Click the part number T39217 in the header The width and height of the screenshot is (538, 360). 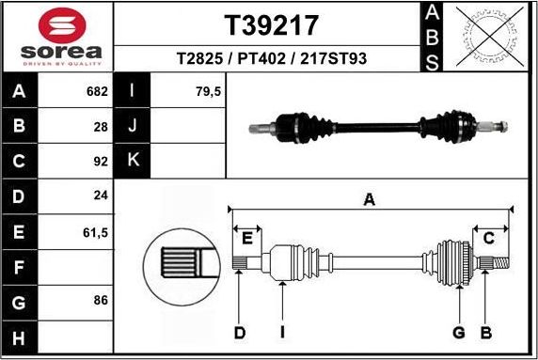tap(270, 24)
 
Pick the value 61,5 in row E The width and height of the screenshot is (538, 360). tap(96, 230)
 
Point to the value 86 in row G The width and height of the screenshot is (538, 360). tap(101, 300)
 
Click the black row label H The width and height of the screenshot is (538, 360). tap(20, 336)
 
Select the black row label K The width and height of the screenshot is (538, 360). tap(132, 160)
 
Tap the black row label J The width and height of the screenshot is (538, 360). tap(132, 126)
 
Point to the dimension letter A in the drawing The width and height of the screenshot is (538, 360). tap(370, 198)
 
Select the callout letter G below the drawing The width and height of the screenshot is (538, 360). tap(459, 332)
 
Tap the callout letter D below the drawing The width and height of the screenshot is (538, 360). tap(240, 332)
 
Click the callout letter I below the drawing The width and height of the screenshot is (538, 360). tap(281, 332)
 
